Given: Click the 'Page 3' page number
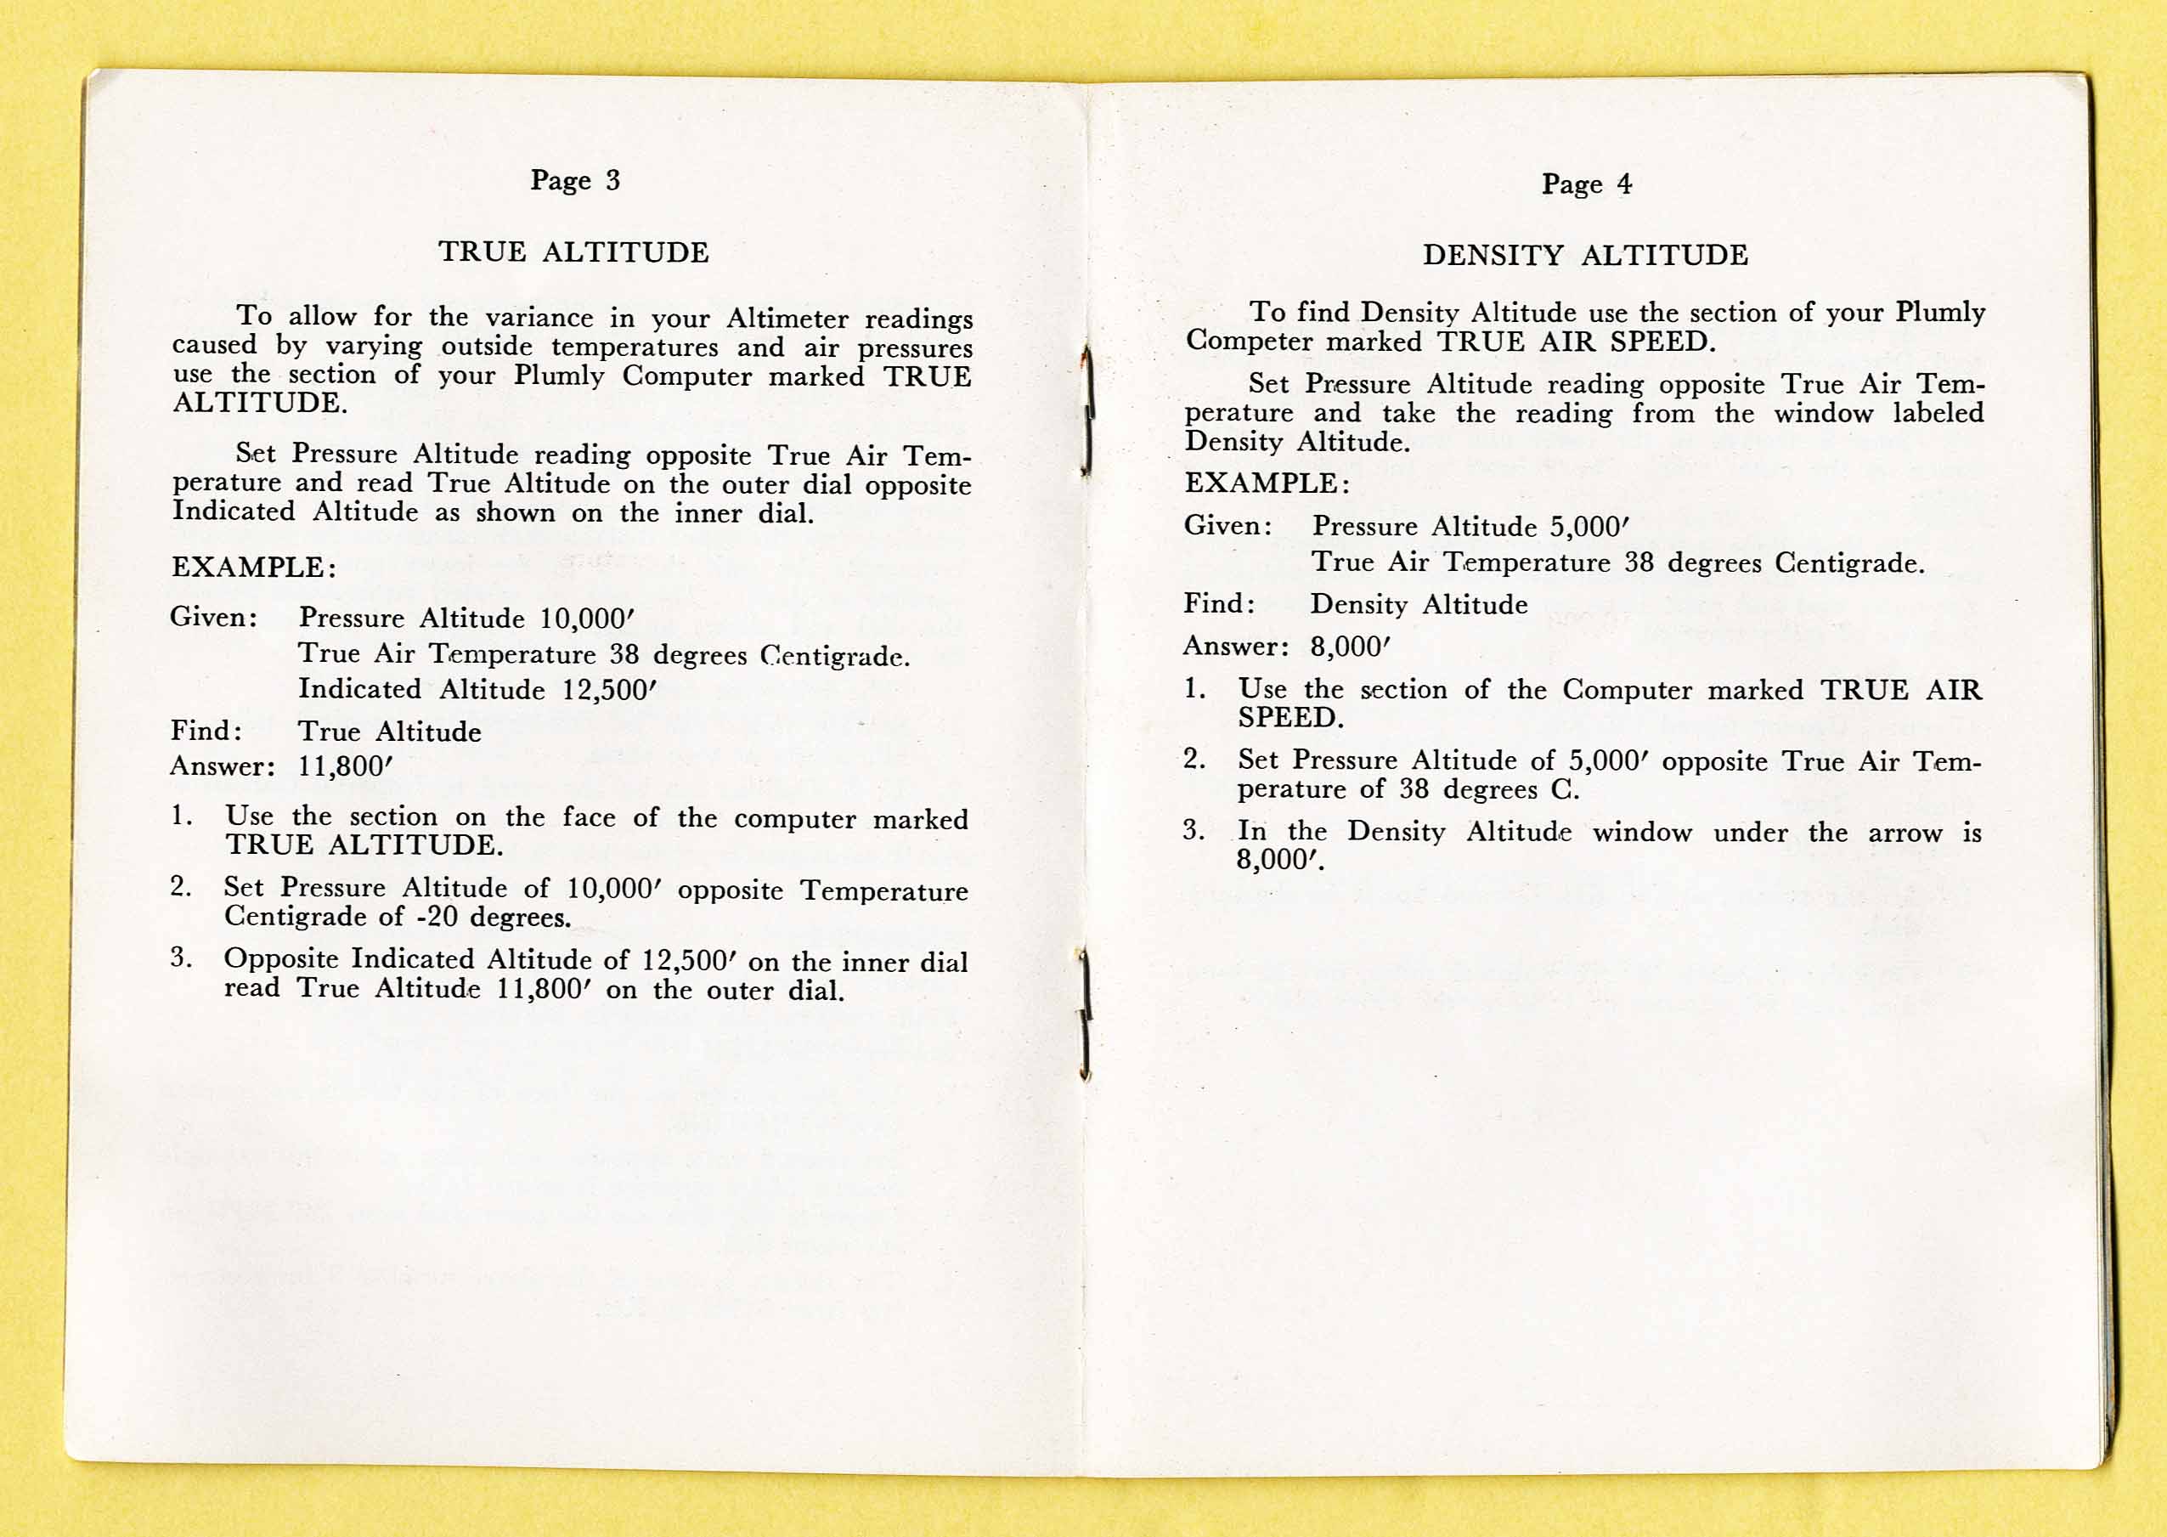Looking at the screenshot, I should pos(574,180).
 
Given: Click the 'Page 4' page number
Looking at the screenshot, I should pos(1586,184).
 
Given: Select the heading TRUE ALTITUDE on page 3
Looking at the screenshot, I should pos(573,251).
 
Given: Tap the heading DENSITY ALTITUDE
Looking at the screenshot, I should pos(1585,256).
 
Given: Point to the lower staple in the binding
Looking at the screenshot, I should pos(1086,1014).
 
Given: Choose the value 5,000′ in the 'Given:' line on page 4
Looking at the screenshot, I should pos(1589,526).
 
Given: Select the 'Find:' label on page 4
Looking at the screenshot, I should pos(1220,604).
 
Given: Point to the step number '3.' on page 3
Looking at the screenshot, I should pos(182,957).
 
